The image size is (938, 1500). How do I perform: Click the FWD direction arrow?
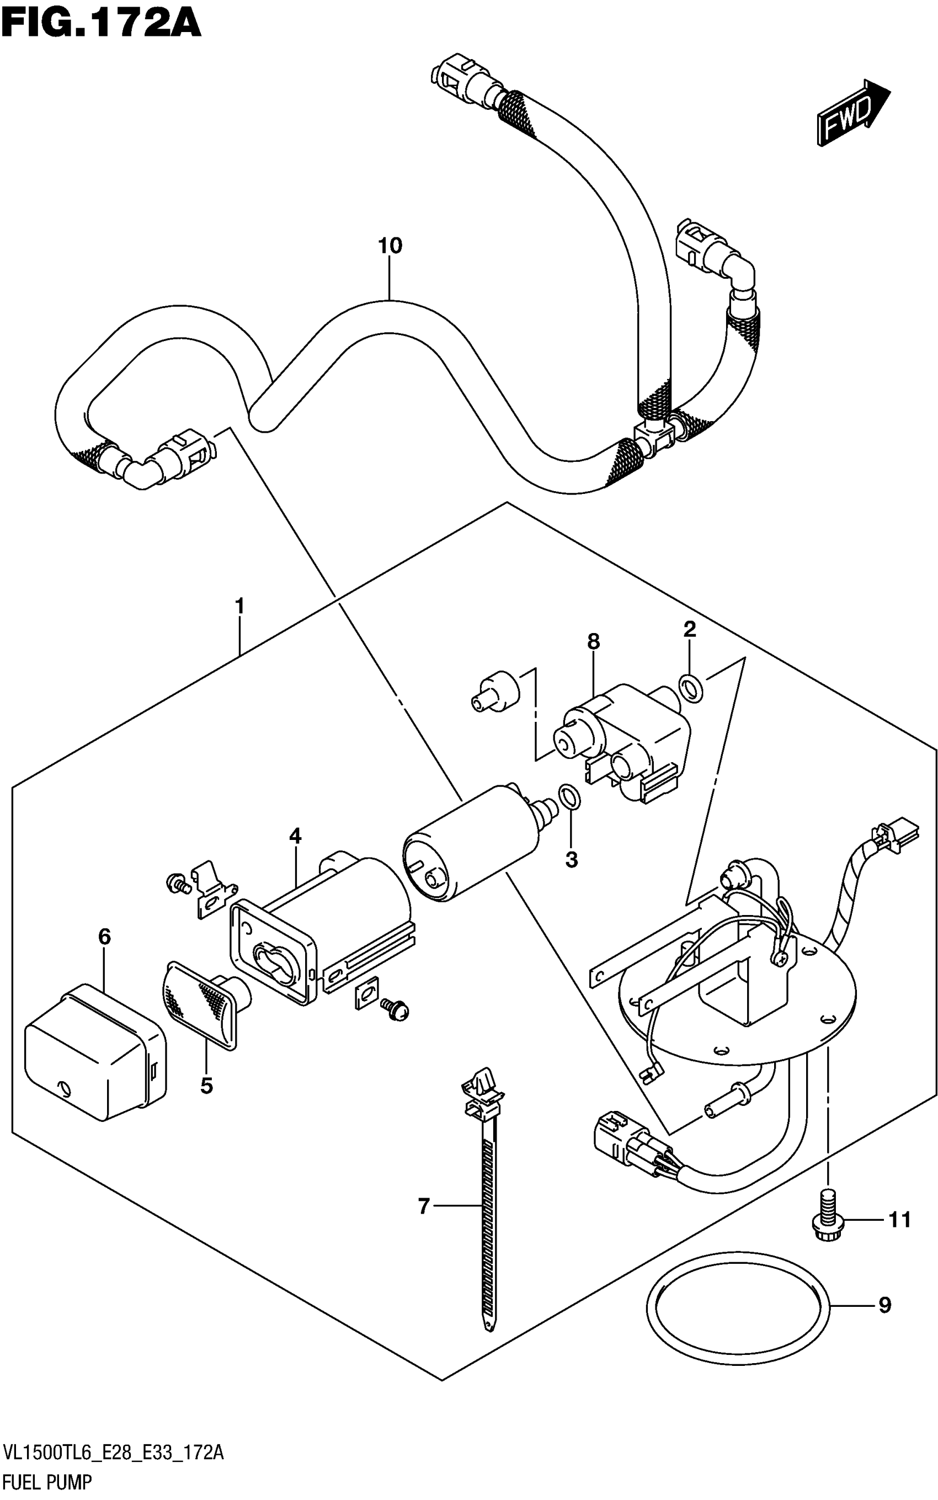[853, 112]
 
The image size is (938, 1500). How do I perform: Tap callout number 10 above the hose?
[390, 246]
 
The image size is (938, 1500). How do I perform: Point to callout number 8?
[594, 641]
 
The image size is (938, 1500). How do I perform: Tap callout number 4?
[295, 836]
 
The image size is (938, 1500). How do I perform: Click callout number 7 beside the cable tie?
[424, 1206]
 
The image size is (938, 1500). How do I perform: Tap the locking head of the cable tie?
[483, 1096]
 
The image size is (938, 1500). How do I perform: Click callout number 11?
[899, 1220]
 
